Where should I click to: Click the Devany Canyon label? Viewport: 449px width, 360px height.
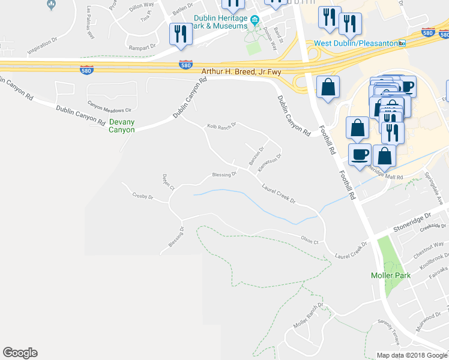122,125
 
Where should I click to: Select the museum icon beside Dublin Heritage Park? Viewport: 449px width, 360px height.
255,22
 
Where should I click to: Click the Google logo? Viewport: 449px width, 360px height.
20,353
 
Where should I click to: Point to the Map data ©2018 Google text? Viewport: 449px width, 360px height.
412,355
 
